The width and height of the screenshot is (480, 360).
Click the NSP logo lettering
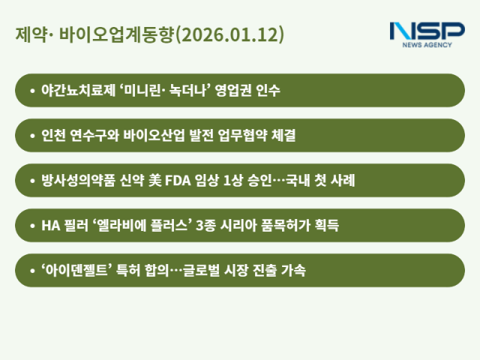point(427,31)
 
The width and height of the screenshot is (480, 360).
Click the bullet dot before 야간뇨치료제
point(31,91)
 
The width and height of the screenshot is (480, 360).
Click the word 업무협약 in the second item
point(239,136)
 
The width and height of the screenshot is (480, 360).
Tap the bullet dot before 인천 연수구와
point(31,136)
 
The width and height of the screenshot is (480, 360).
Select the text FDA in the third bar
point(155,181)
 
